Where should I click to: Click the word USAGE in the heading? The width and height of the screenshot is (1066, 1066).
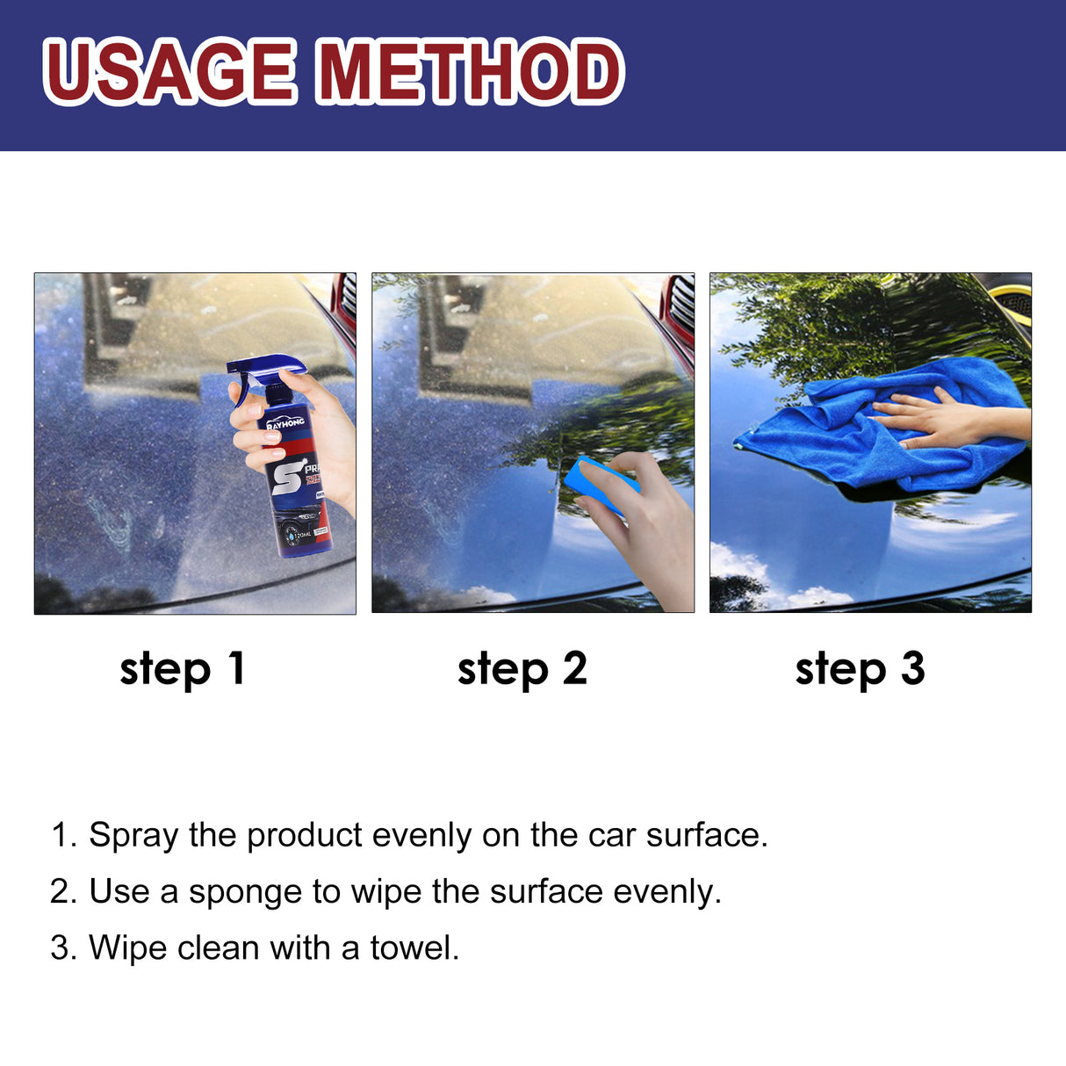169,71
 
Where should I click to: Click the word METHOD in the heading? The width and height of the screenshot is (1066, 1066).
470,71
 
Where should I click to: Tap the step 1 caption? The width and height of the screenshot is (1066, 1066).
182,669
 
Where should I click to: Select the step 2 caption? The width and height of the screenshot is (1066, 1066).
522,669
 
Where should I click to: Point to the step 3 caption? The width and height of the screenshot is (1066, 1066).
860,669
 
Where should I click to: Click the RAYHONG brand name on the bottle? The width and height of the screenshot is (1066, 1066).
285,424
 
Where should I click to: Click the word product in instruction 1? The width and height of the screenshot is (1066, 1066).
304,836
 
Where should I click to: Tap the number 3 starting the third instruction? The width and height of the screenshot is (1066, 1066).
59,948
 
